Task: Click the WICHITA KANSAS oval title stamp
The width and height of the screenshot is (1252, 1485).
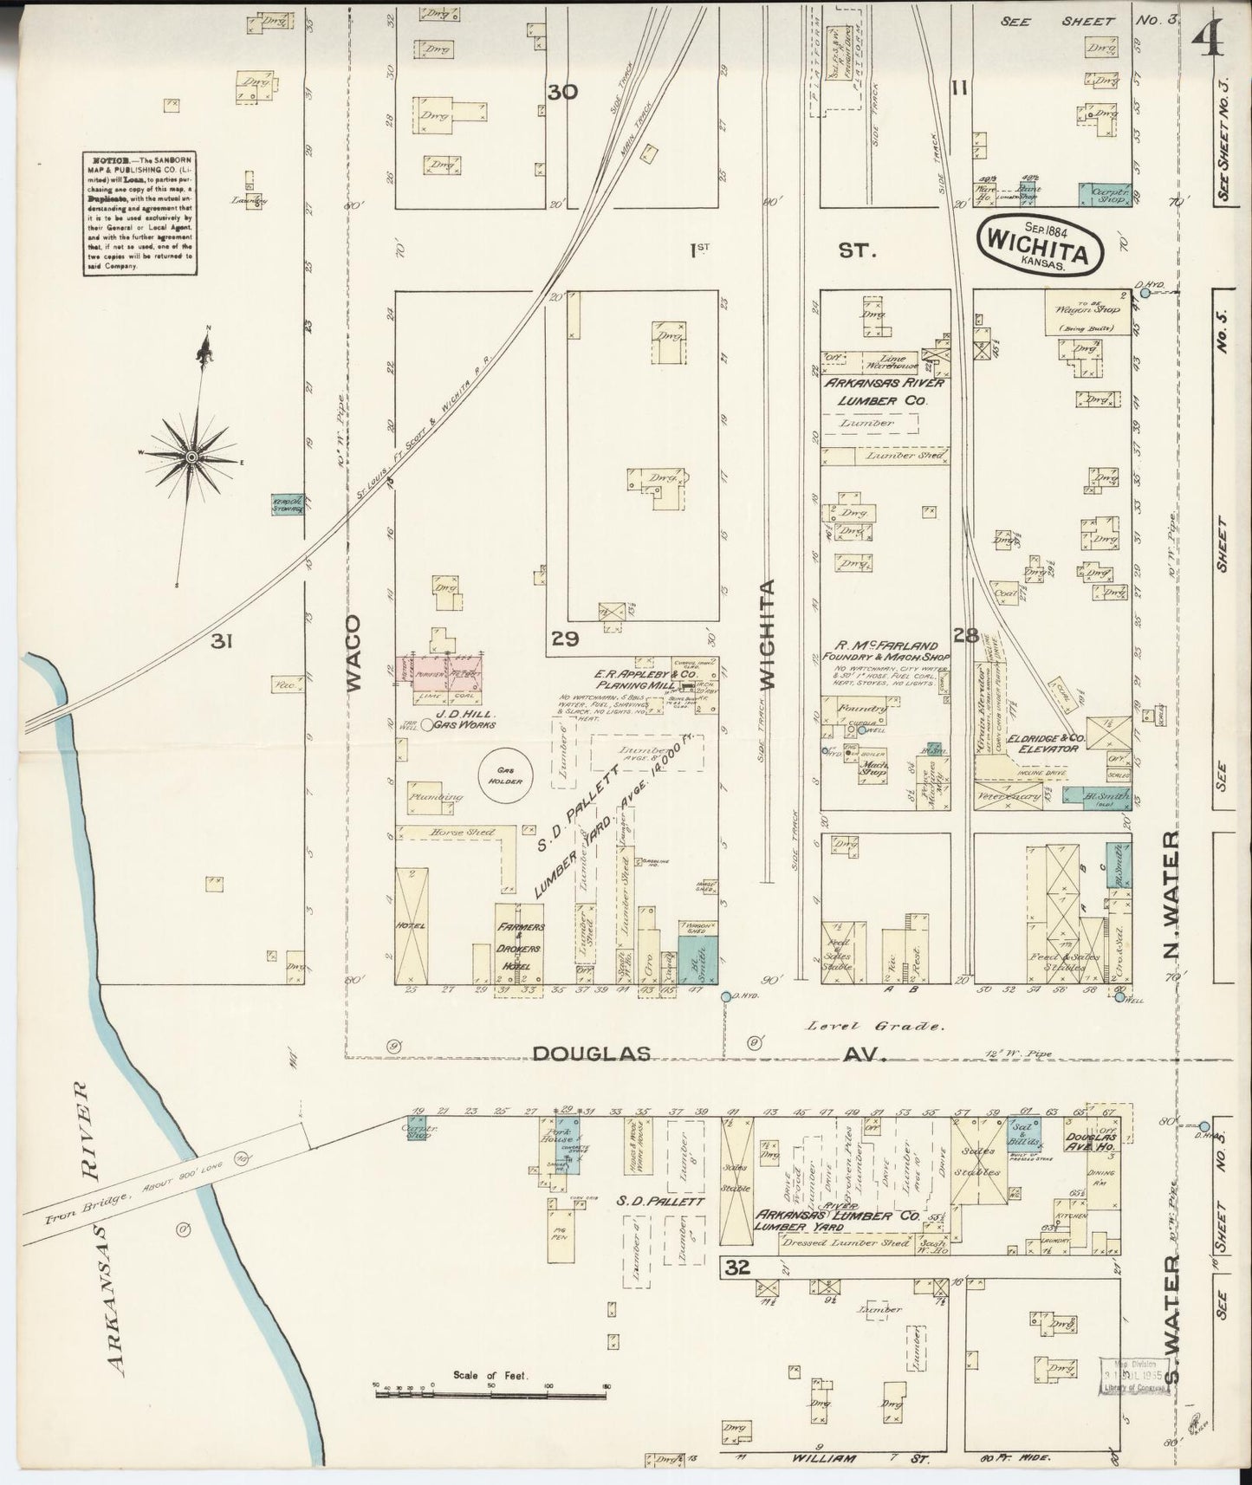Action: pos(1042,247)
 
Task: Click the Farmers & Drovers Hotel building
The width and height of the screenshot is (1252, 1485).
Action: pos(518,944)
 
